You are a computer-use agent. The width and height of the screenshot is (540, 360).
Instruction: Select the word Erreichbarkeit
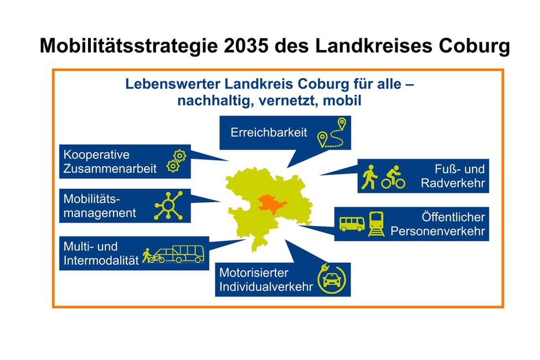269,133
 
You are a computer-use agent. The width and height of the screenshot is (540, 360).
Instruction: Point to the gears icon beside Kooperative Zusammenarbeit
176,161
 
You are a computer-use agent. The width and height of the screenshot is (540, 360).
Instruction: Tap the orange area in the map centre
268,203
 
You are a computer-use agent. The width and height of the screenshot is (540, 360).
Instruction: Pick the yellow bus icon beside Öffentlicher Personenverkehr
352,224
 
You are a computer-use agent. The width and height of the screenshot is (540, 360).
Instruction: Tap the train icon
377,224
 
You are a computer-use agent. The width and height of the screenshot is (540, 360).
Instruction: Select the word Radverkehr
452,183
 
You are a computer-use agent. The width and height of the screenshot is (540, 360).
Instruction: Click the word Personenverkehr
438,232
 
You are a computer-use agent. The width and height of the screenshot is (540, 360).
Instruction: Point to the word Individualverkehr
266,287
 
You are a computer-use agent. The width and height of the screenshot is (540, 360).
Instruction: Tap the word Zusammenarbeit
110,168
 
